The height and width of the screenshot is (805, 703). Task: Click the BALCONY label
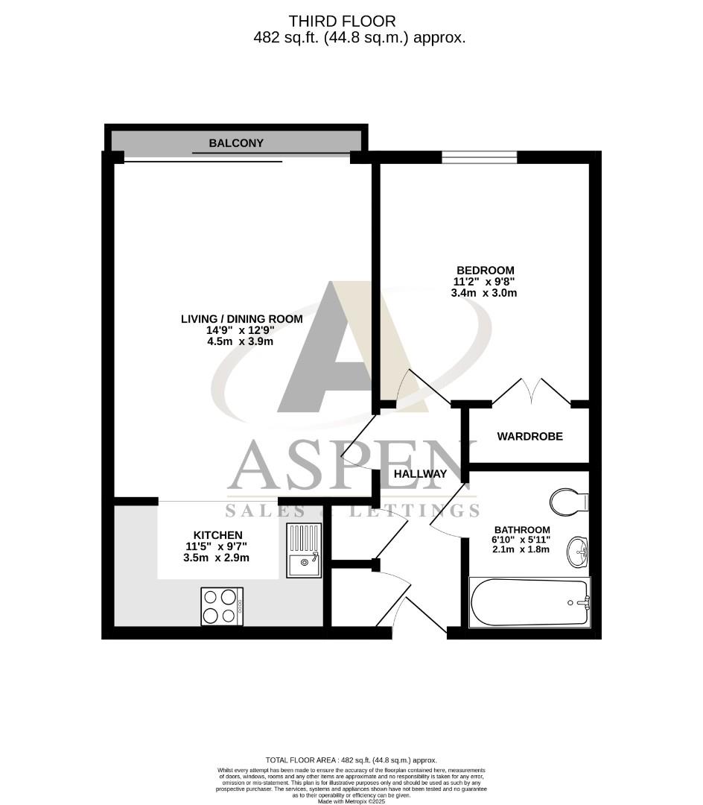click(x=236, y=143)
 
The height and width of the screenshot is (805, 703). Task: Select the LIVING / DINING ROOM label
click(x=242, y=319)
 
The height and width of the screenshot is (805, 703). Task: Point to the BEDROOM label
click(x=485, y=270)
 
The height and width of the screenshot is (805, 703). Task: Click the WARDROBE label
click(x=530, y=436)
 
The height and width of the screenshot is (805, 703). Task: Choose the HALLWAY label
click(x=420, y=473)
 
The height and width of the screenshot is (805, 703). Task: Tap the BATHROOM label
click(x=521, y=530)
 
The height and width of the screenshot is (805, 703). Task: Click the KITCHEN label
click(x=217, y=535)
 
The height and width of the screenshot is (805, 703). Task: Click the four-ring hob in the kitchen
click(x=222, y=606)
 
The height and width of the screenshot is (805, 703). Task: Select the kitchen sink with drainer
click(x=304, y=550)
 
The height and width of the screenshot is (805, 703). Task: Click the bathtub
click(x=529, y=602)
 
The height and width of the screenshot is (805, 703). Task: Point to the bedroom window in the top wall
click(x=479, y=157)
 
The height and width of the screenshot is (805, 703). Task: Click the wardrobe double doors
click(x=532, y=391)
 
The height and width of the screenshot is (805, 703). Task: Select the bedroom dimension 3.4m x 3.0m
click(x=484, y=293)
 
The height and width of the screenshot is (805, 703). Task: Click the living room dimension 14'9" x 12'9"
click(x=242, y=330)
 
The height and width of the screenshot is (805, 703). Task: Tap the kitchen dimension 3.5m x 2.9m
click(x=217, y=558)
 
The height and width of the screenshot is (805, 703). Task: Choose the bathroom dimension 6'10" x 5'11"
click(x=521, y=540)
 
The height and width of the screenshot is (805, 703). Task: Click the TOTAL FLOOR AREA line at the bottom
click(x=351, y=760)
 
